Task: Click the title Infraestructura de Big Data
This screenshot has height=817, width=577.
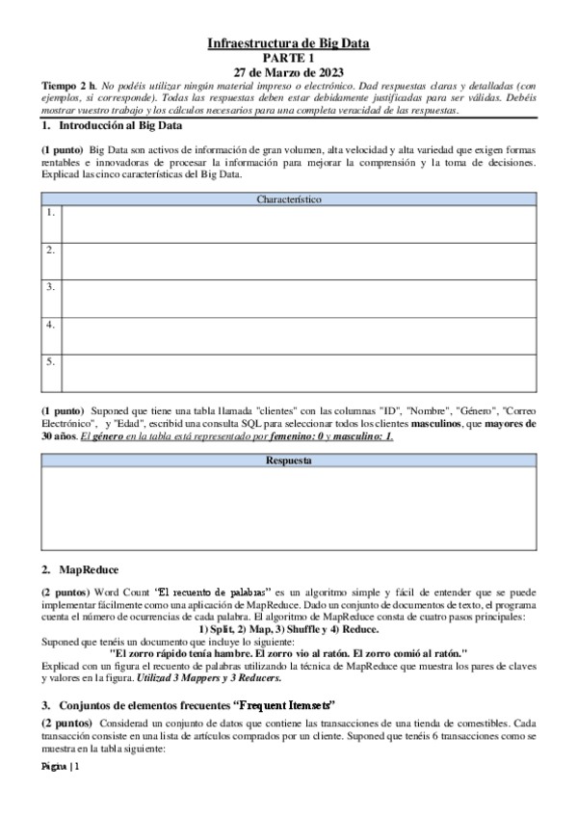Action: click(x=289, y=43)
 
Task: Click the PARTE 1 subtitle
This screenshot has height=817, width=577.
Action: click(x=289, y=58)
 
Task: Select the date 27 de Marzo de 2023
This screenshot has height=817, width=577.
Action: click(x=289, y=72)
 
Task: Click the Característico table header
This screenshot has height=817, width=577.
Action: click(x=289, y=199)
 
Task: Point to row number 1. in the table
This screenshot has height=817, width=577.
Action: click(x=50, y=212)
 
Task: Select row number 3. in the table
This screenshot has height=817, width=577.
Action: click(x=50, y=287)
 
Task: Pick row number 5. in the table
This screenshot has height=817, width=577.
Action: click(x=50, y=362)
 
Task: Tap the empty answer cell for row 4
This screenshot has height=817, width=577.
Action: click(x=299, y=336)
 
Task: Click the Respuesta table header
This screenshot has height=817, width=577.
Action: click(x=289, y=461)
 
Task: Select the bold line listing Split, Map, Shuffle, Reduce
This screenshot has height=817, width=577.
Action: click(x=289, y=628)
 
